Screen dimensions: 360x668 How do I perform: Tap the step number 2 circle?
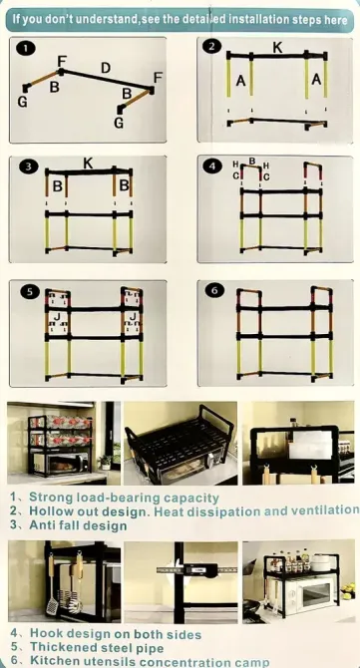coord(211,47)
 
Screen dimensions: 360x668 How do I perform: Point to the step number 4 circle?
coord(213,167)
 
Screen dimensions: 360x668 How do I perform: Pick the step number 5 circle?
coord(29,291)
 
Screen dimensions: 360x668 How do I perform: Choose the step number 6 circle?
coord(213,290)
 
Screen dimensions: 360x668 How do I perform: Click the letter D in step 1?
coord(106,68)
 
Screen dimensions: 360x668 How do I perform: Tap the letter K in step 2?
coord(277,48)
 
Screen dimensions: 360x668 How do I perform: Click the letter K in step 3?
coord(88,164)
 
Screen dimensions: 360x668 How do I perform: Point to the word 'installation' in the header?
coord(260,19)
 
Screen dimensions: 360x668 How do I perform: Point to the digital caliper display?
coord(197,569)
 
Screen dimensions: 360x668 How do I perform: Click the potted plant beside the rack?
coord(106,462)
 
